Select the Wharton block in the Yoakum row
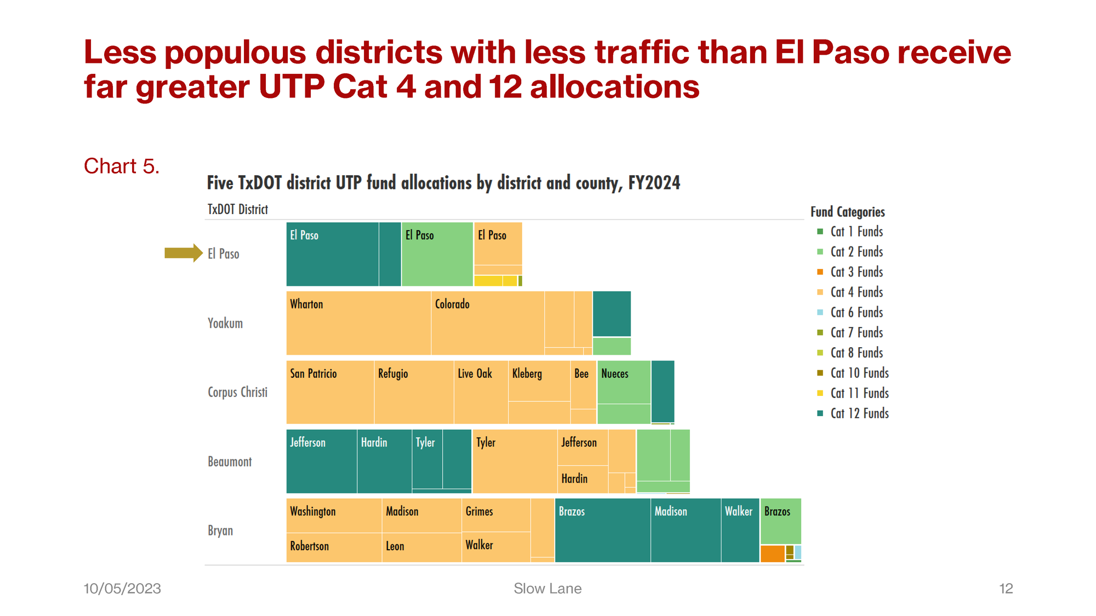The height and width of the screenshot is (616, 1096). (358, 323)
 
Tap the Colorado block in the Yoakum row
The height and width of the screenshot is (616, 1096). (488, 323)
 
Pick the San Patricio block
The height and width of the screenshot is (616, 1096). (330, 392)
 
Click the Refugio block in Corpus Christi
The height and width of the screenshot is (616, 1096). (414, 392)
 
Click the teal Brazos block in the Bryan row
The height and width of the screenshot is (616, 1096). (602, 530)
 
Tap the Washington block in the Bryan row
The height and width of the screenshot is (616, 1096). (334, 515)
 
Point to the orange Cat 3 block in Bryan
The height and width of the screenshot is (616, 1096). (772, 554)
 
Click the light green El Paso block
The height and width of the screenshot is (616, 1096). (437, 254)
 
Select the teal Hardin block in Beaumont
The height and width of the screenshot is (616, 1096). (384, 461)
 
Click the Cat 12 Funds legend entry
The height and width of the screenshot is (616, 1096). (859, 413)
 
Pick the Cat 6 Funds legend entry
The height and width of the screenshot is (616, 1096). (856, 313)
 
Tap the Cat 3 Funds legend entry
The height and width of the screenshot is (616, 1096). (856, 272)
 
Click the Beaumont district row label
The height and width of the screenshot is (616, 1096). (230, 462)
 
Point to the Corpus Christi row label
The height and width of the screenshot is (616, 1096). (237, 392)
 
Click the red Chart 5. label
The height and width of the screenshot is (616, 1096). (122, 166)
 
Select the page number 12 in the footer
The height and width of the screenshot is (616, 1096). (1006, 589)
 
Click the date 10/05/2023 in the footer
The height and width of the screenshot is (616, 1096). (122, 589)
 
